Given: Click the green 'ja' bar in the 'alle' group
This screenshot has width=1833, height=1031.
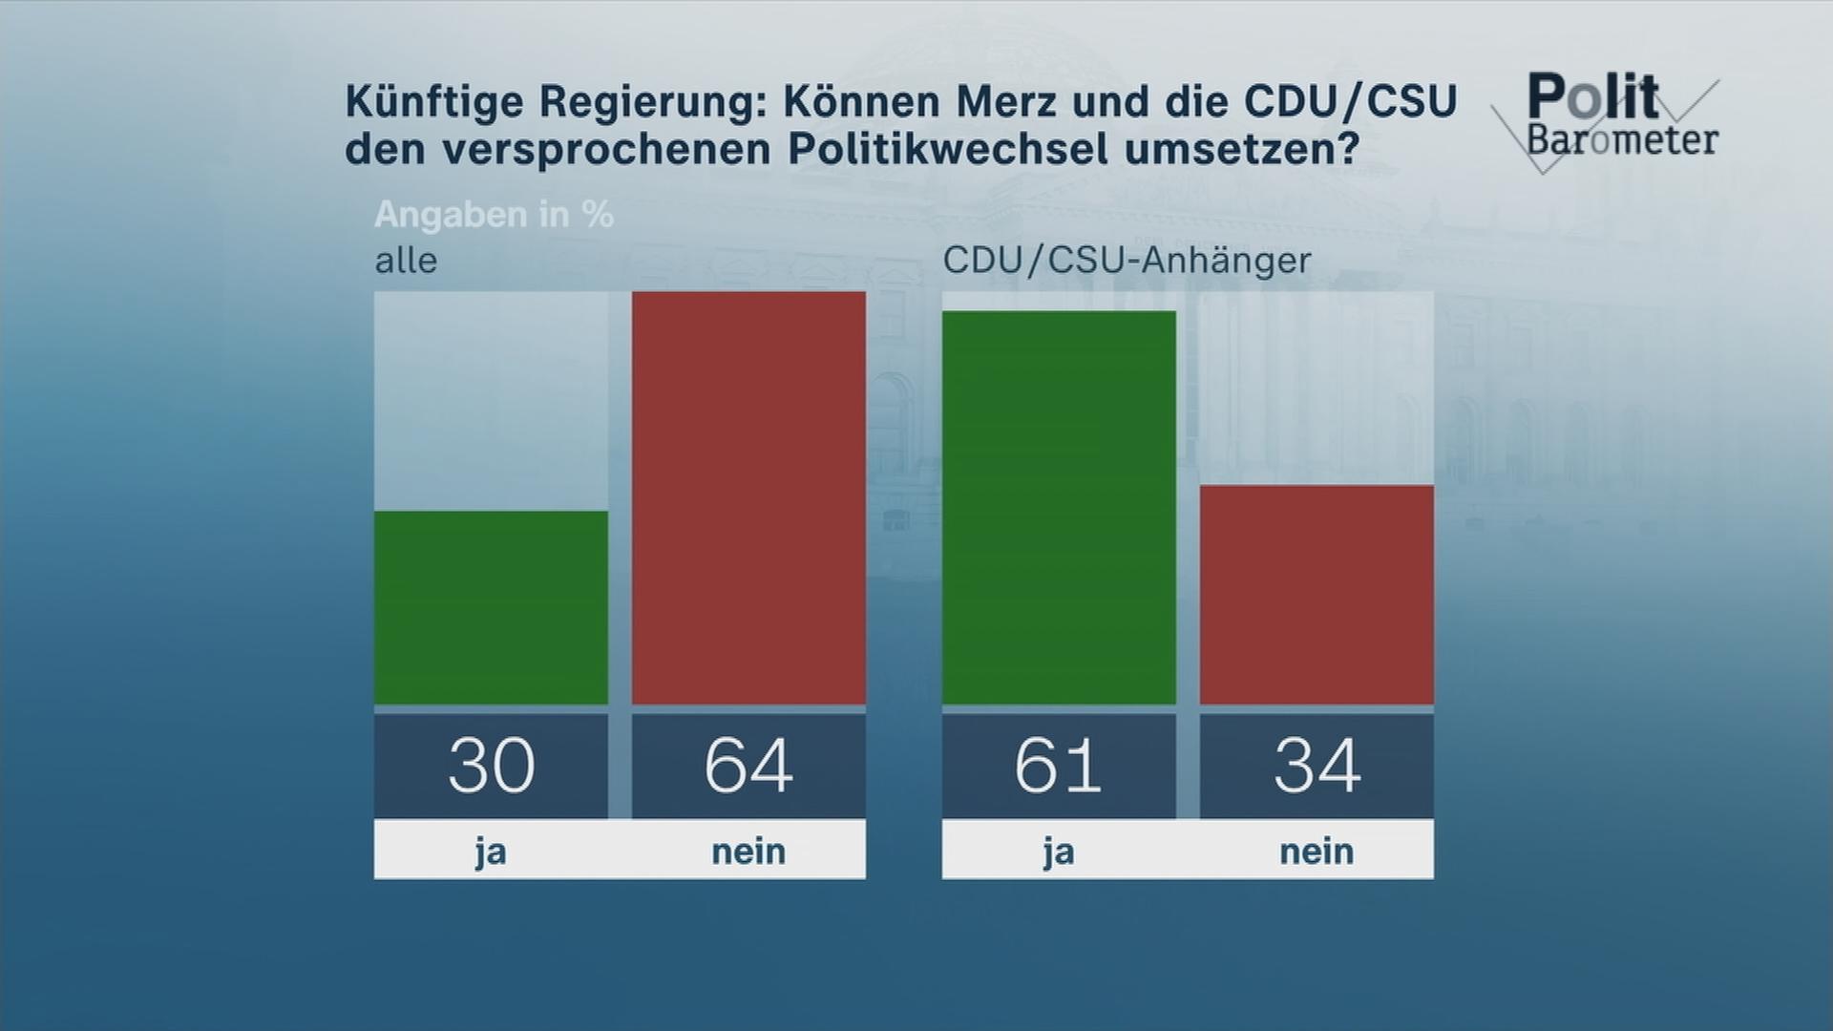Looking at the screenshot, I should [491, 607].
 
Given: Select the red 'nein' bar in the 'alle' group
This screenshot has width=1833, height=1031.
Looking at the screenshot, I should [748, 497].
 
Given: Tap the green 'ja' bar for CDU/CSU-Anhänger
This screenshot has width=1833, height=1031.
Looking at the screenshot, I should [1059, 507].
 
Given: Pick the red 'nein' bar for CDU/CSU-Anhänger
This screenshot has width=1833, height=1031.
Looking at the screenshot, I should [1317, 594].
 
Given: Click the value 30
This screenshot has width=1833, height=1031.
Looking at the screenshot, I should [491, 766].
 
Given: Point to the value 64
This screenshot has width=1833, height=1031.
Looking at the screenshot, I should [748, 766].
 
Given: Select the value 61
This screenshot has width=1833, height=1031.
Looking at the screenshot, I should [1059, 766].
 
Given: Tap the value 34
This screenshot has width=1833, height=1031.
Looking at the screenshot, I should [1317, 766].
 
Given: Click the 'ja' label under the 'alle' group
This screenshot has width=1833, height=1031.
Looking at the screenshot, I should [491, 851].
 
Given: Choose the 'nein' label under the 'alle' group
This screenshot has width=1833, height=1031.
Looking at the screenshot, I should [748, 851].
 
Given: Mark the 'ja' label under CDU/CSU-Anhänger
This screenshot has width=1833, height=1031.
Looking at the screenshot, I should [1059, 851].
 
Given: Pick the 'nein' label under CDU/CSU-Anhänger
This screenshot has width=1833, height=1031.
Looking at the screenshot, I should [1317, 851].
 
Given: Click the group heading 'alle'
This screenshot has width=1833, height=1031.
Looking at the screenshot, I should [406, 261].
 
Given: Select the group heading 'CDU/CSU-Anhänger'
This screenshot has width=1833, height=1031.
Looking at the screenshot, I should [1127, 261].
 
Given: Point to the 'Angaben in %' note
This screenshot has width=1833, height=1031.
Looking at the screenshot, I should [494, 215].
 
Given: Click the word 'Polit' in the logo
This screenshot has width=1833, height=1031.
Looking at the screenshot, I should [1592, 96].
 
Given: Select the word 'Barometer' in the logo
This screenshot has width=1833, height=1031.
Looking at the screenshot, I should [1622, 139].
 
